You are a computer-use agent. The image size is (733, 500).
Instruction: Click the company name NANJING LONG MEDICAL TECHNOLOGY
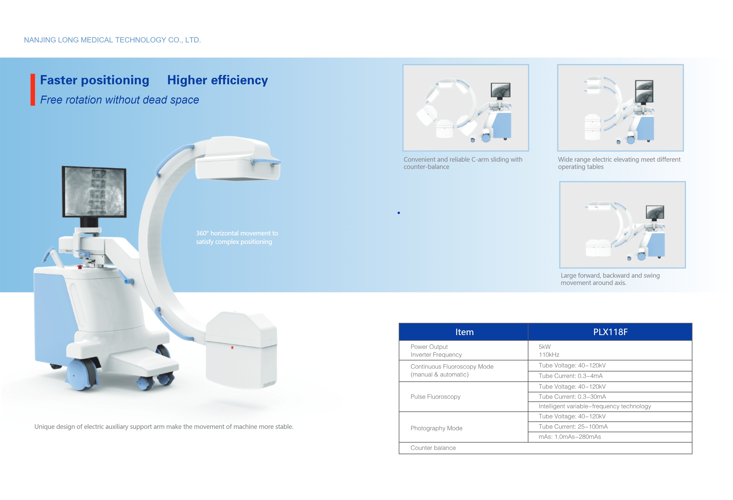tap(112, 40)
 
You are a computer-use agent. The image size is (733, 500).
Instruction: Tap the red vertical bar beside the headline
tap(33, 90)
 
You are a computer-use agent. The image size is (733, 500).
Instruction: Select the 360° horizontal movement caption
tap(237, 237)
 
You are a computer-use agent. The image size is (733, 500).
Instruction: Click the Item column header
tap(464, 332)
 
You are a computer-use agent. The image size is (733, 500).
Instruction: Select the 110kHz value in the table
tap(549, 355)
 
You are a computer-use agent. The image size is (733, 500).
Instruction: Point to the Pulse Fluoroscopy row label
tap(435, 397)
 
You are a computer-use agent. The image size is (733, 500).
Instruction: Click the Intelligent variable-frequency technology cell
tap(595, 406)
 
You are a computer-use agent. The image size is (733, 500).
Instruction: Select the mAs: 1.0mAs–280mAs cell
tap(570, 437)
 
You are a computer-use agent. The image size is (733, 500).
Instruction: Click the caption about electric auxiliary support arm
tap(164, 427)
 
